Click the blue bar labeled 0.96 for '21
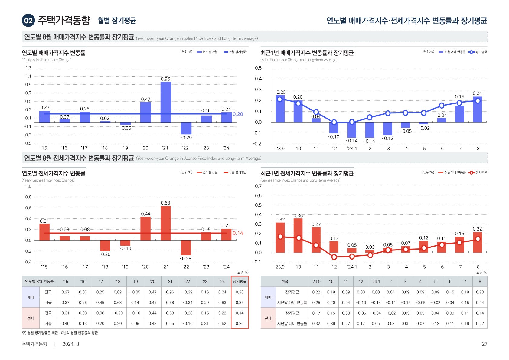pyautogui.click(x=165, y=102)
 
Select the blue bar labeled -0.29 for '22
pyautogui.click(x=186, y=128)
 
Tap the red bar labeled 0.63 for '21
pyautogui.click(x=165, y=223)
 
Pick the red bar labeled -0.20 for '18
pyautogui.click(x=105, y=246)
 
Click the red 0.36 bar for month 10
pyautogui.click(x=298, y=235)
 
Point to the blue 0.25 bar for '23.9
pyautogui.click(x=280, y=109)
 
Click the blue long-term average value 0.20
pyautogui.click(x=238, y=114)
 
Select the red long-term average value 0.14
pyautogui.click(x=238, y=233)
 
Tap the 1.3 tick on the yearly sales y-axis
pyautogui.click(x=28, y=68)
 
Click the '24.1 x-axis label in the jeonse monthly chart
pyautogui.click(x=352, y=267)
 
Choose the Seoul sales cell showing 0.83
pyautogui.click(x=222, y=303)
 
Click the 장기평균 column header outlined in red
pyautogui.click(x=240, y=281)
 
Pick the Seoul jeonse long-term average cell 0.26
pyautogui.click(x=240, y=323)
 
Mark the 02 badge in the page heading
pyautogui.click(x=28, y=21)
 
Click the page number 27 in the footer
pyautogui.click(x=484, y=344)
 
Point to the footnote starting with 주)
pyautogui.click(x=60, y=333)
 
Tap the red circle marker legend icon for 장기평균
pyautogui.click(x=471, y=172)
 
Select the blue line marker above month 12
pyautogui.click(x=334, y=122)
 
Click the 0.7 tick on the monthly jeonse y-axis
pyautogui.click(x=258, y=186)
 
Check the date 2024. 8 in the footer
pyautogui.click(x=70, y=344)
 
